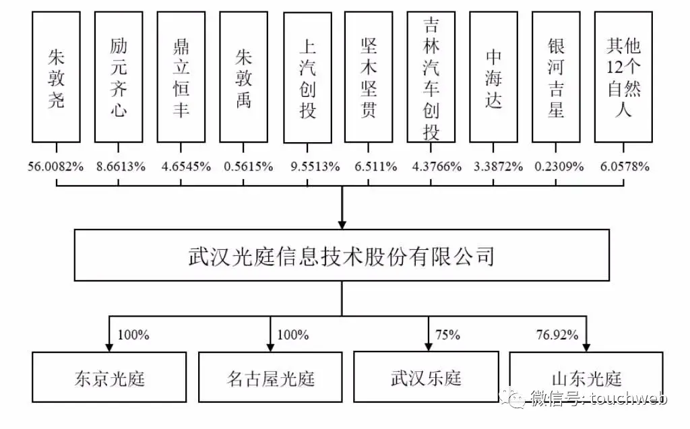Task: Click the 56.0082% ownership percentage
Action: pos(56,166)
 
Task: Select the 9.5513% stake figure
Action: pos(315,166)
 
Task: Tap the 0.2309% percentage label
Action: pos(559,166)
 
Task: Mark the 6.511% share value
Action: pos(376,166)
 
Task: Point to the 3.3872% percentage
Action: pos(498,166)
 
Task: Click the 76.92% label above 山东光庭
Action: pos(557,335)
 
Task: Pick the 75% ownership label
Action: pos(447,335)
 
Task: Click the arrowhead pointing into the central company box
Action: pos(342,224)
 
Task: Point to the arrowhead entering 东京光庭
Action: pos(109,347)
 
